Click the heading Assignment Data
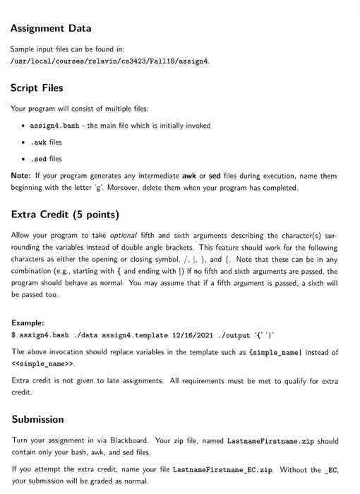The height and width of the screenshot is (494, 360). [x=51, y=29]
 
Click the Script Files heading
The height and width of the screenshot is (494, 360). [x=37, y=88]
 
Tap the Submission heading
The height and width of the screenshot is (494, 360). [x=38, y=419]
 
